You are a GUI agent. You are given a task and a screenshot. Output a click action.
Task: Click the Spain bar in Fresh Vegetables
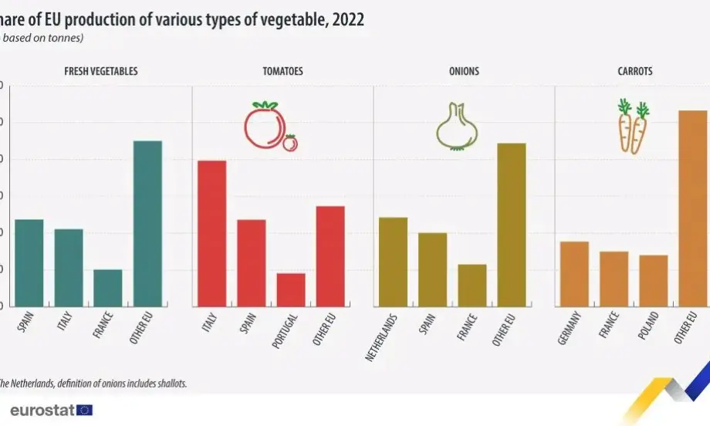pyautogui.click(x=29, y=263)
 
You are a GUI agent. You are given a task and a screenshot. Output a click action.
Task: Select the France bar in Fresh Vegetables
pyautogui.click(x=108, y=288)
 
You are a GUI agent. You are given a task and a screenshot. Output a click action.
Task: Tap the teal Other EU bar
pyautogui.click(x=147, y=224)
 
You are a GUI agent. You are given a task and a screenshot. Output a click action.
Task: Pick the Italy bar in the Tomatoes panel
pyautogui.click(x=212, y=233)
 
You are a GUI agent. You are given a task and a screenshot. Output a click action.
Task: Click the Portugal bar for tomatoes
pyautogui.click(x=291, y=289)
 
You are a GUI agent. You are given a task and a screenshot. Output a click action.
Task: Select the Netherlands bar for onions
pyautogui.click(x=393, y=262)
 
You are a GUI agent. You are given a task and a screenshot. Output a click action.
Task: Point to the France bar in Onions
pyautogui.click(x=472, y=286)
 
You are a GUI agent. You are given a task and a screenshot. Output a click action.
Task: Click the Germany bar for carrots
pyautogui.click(x=574, y=274)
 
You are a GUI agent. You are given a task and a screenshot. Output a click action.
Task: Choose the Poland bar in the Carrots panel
pyautogui.click(x=654, y=280)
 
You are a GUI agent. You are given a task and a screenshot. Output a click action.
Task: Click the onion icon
pyautogui.click(x=457, y=127)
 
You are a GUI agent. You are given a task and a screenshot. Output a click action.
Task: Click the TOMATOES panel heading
pyautogui.click(x=282, y=71)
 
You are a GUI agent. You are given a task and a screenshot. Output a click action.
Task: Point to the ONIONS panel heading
pyautogui.click(x=464, y=71)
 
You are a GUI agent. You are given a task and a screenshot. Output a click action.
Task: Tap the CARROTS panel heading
pyautogui.click(x=635, y=71)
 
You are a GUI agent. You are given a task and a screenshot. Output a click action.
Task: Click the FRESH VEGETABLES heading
pyautogui.click(x=101, y=71)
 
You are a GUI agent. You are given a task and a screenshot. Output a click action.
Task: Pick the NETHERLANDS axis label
pyautogui.click(x=384, y=336)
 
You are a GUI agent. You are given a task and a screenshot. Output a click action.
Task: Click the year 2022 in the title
pyautogui.click(x=347, y=21)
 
